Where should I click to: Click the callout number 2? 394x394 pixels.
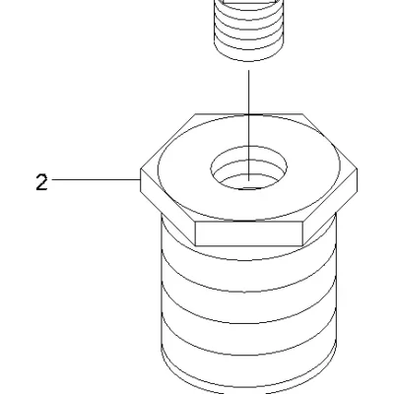point(41,182)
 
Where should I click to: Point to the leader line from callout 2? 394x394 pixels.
point(96,179)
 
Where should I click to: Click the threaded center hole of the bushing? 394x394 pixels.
point(248,167)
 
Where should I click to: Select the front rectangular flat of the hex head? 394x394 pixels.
point(248,233)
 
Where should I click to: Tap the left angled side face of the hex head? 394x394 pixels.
point(167,207)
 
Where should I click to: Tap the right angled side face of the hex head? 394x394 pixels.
point(330,207)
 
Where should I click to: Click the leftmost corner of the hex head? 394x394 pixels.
point(141,169)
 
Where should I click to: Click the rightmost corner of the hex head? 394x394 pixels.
point(357,169)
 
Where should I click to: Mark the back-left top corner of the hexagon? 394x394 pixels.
point(196,114)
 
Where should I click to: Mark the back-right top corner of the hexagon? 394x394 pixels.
point(302,114)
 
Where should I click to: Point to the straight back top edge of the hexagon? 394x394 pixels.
point(249,114)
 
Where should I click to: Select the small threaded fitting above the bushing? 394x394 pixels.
point(248,31)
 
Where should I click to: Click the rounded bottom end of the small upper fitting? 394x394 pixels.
point(248,58)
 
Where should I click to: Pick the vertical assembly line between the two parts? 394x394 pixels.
point(248,125)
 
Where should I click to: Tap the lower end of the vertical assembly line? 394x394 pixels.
point(248,180)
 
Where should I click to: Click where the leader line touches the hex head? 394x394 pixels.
point(140,179)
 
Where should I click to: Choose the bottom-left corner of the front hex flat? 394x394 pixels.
point(195,245)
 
